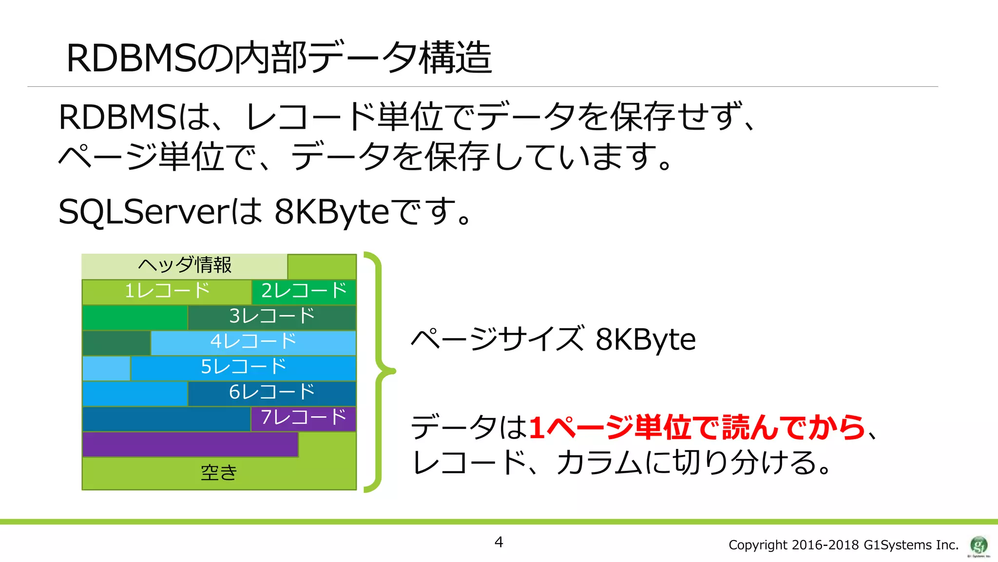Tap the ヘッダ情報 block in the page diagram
click(x=184, y=265)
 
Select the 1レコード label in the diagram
click(x=167, y=291)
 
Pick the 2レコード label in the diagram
click(x=304, y=291)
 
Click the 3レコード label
click(x=272, y=316)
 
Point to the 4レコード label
click(x=253, y=341)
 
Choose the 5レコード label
click(x=244, y=367)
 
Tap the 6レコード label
click(x=272, y=392)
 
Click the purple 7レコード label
click(x=304, y=418)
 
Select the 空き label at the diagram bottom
click(x=219, y=472)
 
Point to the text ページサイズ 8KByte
click(x=553, y=339)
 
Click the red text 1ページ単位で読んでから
click(x=697, y=428)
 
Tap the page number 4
click(x=499, y=542)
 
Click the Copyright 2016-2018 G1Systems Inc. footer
click(x=843, y=545)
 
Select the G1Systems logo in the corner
click(x=979, y=545)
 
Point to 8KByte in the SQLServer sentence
click(x=331, y=212)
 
